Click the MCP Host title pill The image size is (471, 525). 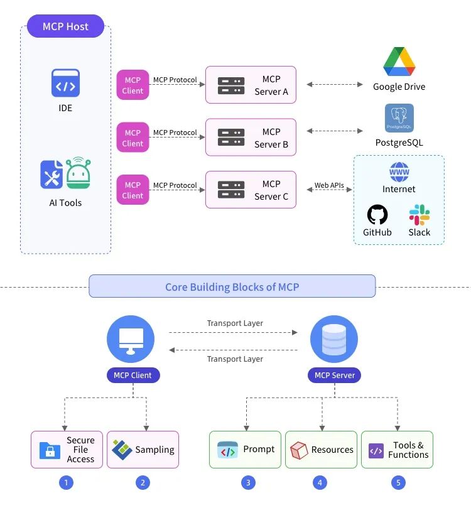65,26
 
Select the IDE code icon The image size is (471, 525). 65,83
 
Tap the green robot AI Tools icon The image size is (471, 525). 78,173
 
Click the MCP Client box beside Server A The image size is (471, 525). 133,85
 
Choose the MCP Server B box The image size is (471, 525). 251,138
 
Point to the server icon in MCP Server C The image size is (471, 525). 231,190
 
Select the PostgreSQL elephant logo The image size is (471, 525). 399,119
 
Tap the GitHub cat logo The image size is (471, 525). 377,215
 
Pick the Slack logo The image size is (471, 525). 420,215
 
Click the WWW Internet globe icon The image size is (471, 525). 399,171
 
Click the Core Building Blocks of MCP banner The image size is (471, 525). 232,286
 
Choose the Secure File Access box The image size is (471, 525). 67,450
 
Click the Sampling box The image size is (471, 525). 143,450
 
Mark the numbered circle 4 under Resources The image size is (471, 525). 320,483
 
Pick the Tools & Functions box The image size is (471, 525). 397,450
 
